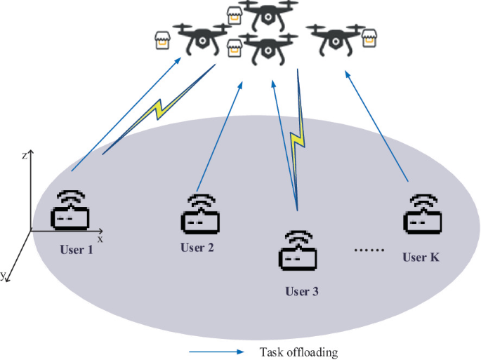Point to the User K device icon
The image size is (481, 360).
[x=423, y=213]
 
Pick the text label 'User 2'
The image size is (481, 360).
[x=197, y=247]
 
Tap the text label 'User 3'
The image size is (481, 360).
[x=301, y=291]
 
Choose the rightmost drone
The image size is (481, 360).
[x=336, y=40]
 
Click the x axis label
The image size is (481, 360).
[x=100, y=239]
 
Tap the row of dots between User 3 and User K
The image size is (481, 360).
[x=366, y=250]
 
